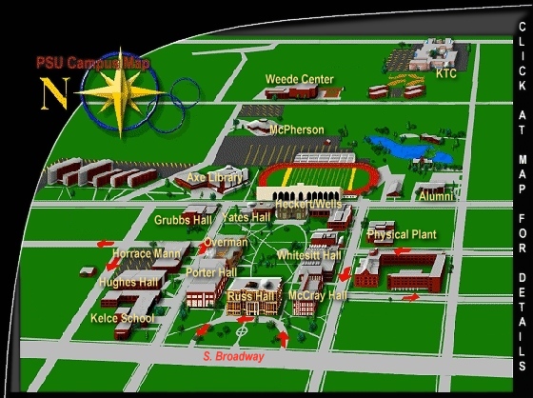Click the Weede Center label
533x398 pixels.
tap(300, 79)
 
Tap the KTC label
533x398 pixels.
tap(445, 73)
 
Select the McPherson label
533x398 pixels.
tap(297, 129)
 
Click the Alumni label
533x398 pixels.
tap(437, 197)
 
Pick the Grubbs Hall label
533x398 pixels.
tap(183, 220)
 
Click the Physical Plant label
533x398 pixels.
tap(402, 234)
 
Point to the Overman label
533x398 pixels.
tap(226, 243)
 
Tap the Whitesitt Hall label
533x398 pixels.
tap(309, 255)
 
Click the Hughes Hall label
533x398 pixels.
tap(128, 282)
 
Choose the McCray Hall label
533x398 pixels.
tap(317, 295)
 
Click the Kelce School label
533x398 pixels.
tap(122, 318)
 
